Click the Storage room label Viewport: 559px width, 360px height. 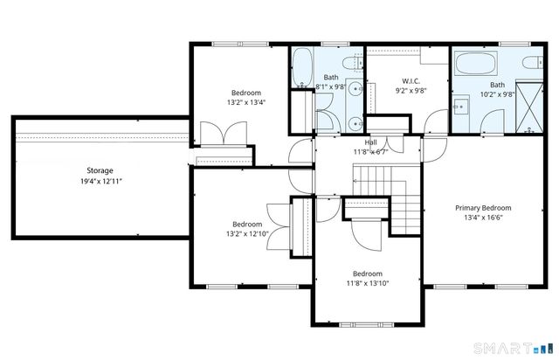[100, 170]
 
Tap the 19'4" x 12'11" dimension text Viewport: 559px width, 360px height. [100, 182]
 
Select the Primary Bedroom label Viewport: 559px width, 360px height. [483, 208]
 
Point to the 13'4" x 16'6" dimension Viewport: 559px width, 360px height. [483, 218]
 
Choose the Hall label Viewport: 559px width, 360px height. [371, 142]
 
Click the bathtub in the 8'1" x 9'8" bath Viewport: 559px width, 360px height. [301, 66]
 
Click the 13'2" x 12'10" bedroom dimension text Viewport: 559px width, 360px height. [247, 233]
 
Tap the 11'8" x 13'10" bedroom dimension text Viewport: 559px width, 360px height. [367, 282]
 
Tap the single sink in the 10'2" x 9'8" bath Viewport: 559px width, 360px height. [463, 107]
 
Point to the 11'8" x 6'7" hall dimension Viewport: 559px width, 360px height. [370, 152]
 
